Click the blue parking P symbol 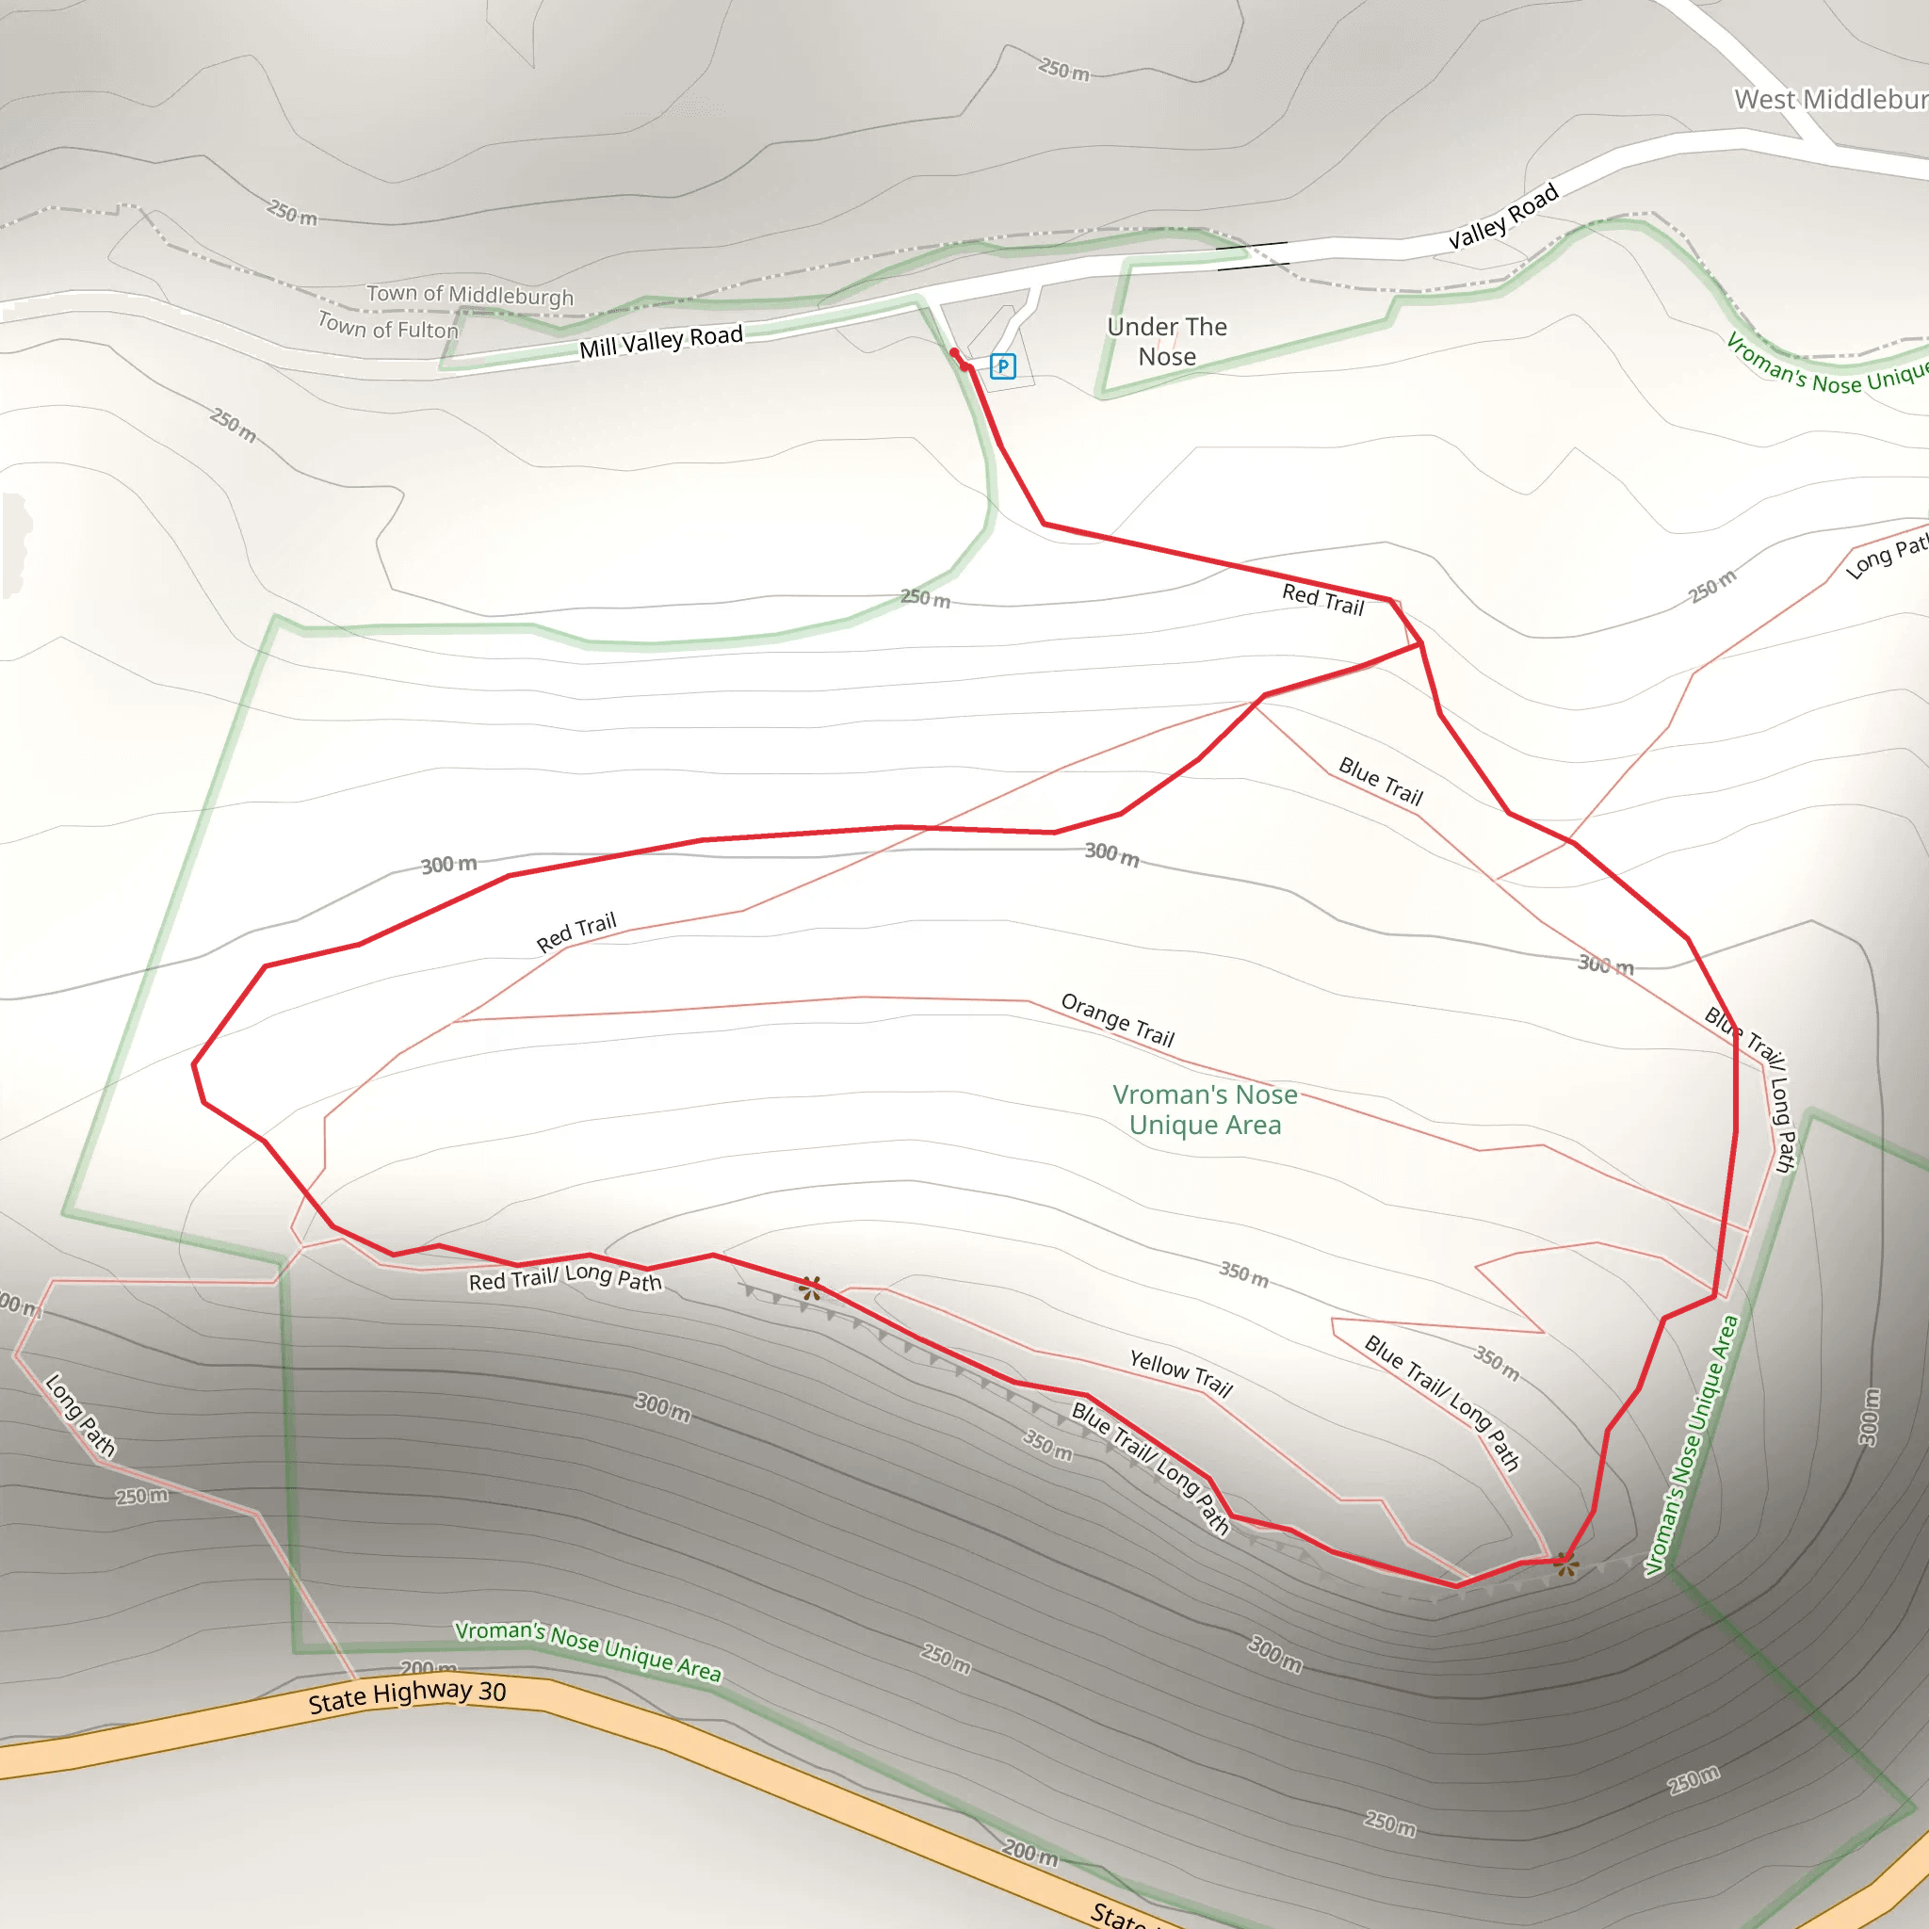[1002, 366]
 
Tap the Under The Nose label [1166, 342]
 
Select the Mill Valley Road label [661, 340]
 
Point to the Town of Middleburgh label [469, 295]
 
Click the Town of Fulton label [387, 326]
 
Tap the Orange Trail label [1117, 1019]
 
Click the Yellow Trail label [1181, 1373]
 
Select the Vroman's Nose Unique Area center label [1205, 1110]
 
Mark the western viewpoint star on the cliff [810, 1288]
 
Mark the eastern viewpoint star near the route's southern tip [1564, 1564]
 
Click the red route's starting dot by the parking [953, 352]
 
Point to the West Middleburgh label [1830, 100]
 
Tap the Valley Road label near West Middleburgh [1502, 216]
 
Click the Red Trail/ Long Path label [565, 1278]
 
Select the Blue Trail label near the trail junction [1380, 781]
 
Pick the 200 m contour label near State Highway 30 [1029, 1853]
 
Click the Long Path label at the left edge [80, 1415]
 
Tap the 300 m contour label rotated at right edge [1870, 1416]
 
